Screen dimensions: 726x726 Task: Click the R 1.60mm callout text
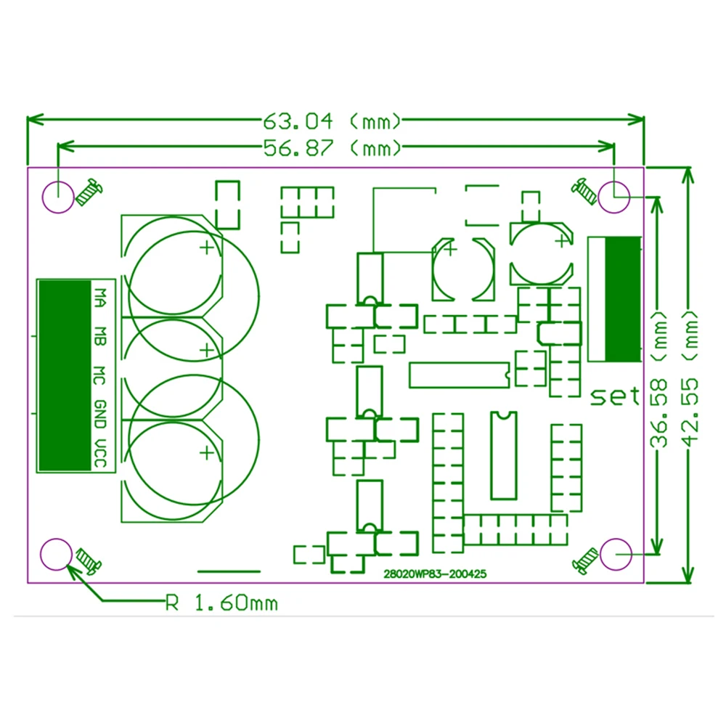[x=221, y=602]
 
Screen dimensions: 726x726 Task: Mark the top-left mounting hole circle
[x=57, y=195]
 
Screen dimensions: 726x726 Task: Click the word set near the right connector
[x=615, y=396]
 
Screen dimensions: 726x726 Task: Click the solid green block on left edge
[x=65, y=375]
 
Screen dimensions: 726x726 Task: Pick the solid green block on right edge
[x=623, y=298]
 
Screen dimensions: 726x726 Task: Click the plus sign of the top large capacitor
[x=207, y=248]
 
